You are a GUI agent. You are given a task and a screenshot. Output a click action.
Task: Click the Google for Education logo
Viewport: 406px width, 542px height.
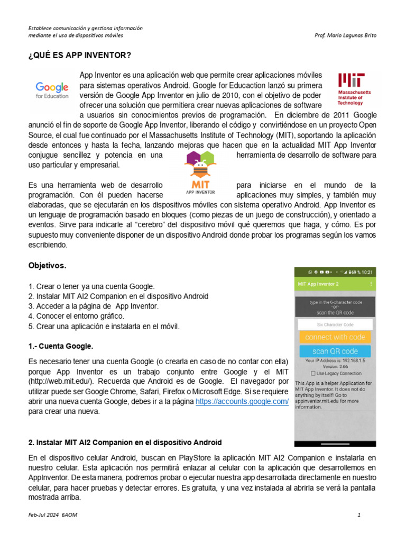[x=52, y=90]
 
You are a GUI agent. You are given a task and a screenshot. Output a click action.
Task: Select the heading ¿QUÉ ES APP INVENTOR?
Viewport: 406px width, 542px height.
[x=80, y=56]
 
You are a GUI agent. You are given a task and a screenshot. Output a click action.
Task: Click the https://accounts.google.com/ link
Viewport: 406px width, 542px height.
[x=242, y=402]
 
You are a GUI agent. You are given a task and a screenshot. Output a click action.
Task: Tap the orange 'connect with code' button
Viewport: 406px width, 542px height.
[x=335, y=337]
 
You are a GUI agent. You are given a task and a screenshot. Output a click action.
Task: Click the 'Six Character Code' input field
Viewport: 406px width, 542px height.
[x=335, y=324]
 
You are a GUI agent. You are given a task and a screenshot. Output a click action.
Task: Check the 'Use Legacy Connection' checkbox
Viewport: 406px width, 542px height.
[x=313, y=373]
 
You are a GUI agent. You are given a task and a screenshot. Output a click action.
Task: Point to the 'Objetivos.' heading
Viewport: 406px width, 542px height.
[x=47, y=265]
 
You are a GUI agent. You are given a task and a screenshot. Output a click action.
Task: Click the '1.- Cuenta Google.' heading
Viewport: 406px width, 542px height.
[x=60, y=346]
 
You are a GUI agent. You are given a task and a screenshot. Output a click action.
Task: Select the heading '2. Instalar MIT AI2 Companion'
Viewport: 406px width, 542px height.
[x=125, y=442]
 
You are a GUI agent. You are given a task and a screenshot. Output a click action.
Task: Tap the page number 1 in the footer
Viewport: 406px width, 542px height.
[x=359, y=514]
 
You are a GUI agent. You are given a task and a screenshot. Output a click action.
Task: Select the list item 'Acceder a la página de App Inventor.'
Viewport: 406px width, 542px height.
[x=93, y=306]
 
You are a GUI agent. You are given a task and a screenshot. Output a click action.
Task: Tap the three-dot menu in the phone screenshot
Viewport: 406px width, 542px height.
[x=371, y=284]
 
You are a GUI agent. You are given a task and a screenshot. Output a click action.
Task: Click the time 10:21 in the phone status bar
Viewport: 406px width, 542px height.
[x=366, y=272]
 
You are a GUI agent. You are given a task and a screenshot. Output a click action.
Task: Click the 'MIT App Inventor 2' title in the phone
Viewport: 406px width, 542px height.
[x=319, y=284]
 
